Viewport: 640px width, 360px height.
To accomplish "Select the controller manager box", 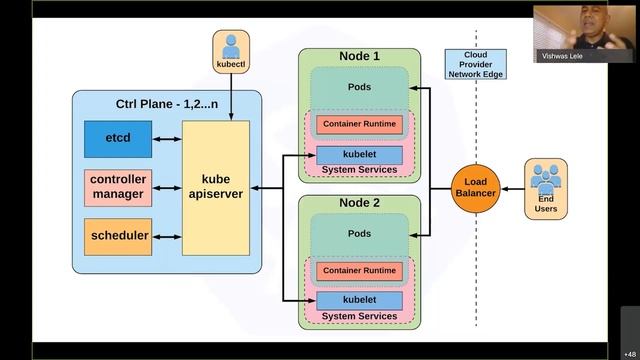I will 118,187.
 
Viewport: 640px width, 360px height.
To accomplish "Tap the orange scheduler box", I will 118,236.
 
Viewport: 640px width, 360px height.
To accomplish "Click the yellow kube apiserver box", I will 216,186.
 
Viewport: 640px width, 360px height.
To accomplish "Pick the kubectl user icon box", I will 231,52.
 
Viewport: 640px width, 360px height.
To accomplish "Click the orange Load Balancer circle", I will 475,187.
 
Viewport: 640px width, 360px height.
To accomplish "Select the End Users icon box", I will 546,188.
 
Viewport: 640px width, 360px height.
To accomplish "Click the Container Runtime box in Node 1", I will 359,125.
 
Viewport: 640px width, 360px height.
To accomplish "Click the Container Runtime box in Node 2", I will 359,271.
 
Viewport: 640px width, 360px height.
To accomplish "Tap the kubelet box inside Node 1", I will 359,155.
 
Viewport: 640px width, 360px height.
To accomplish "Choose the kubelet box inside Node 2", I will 359,300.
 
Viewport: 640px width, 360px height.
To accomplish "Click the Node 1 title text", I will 359,56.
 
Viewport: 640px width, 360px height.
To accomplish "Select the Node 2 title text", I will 359,203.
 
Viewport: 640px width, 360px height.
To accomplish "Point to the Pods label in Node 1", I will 359,87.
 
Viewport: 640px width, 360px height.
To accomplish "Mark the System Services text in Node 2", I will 359,316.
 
